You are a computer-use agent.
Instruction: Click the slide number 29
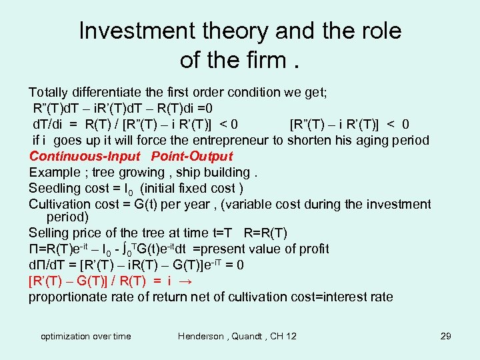(x=446, y=336)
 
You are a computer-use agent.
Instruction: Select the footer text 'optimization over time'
(x=86, y=336)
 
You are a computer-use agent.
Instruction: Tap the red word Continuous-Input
(x=85, y=157)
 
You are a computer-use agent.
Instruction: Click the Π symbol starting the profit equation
(x=33, y=249)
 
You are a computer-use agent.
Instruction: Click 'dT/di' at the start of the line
(x=47, y=124)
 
